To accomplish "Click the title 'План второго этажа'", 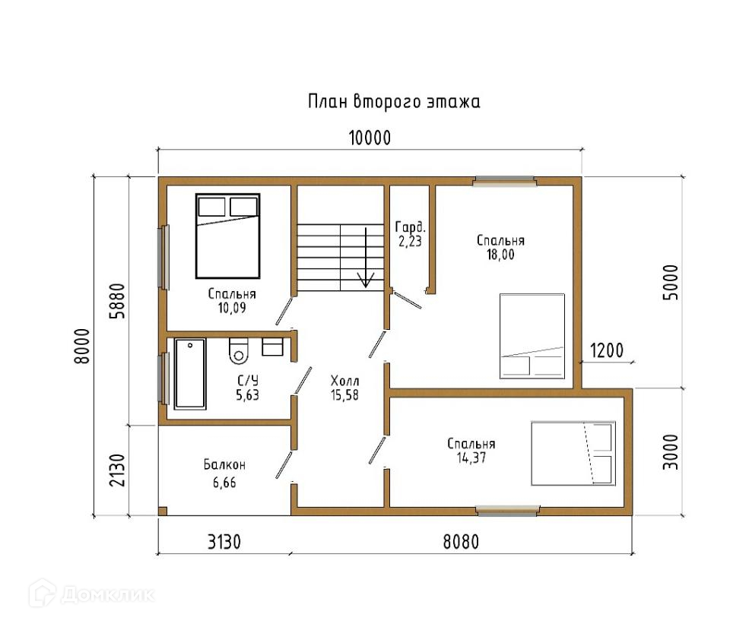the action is click(394, 101).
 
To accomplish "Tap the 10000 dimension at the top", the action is click(370, 138).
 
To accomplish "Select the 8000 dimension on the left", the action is click(81, 346).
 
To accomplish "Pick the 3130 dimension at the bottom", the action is click(224, 542).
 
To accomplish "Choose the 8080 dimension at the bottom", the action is click(461, 542).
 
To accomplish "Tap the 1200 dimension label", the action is click(607, 350).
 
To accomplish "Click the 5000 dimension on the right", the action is click(671, 282).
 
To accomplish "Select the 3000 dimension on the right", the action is click(671, 451).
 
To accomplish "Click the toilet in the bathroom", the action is click(238, 350).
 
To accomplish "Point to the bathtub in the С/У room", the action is click(190, 374).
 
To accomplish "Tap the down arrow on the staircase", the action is click(366, 257).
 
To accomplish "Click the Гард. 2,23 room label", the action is click(410, 233).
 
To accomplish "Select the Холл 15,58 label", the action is click(344, 388).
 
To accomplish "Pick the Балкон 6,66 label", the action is click(224, 473).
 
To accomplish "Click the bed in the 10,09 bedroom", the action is click(227, 236).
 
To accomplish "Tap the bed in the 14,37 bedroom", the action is click(573, 454).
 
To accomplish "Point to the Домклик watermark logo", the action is click(92, 594).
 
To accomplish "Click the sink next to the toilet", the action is click(272, 347).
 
